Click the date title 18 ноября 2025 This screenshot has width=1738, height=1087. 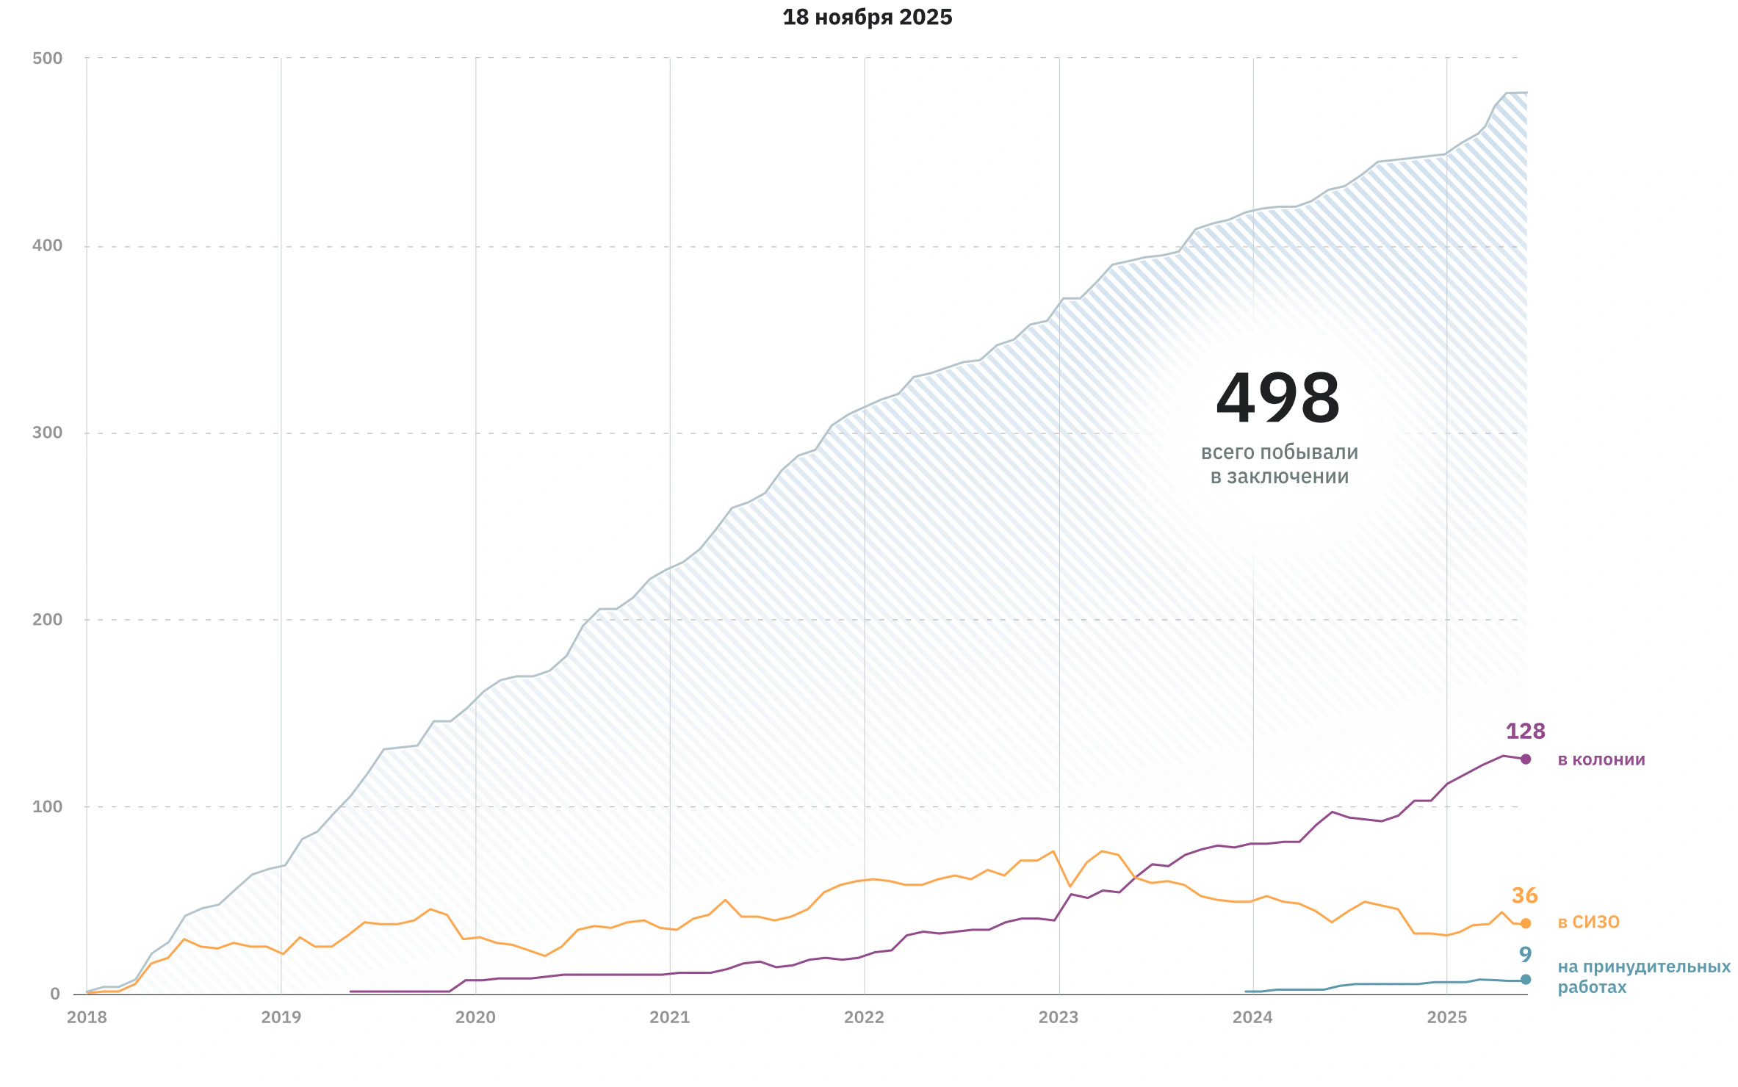coord(867,17)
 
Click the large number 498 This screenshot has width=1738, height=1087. coord(1278,399)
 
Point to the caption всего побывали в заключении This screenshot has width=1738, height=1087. coord(1280,464)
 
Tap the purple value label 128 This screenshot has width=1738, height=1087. coord(1526,732)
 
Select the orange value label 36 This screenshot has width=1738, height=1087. coord(1525,896)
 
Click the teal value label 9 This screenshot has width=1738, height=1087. coord(1526,955)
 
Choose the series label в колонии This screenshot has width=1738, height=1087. coord(1601,759)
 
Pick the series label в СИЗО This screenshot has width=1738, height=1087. coord(1589,922)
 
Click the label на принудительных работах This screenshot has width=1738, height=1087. coord(1644,977)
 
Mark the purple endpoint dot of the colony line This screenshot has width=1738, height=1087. coord(1526,759)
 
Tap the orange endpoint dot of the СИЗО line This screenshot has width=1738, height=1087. coord(1526,924)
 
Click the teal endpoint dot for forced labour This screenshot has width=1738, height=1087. coord(1526,980)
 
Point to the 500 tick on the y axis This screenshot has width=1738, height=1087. coord(47,58)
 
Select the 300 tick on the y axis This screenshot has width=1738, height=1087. coord(47,433)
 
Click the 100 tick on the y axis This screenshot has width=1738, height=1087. coord(47,806)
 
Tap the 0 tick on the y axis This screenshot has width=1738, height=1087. coord(55,994)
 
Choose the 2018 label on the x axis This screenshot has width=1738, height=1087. coord(87,1017)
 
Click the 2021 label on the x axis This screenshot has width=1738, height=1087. coord(670,1017)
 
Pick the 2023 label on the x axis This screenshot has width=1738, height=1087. coord(1059,1017)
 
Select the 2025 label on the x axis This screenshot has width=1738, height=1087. coord(1446,1017)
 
